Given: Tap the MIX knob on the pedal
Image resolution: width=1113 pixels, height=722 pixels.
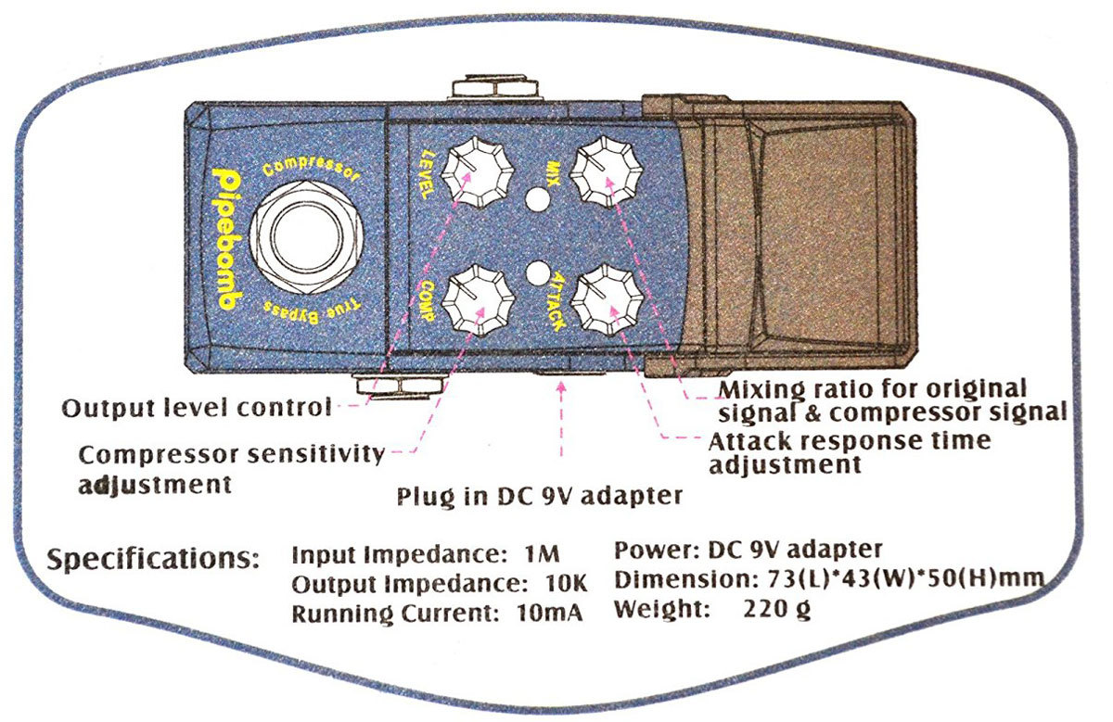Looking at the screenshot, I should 606,173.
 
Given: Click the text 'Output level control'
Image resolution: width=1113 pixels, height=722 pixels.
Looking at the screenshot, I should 196,407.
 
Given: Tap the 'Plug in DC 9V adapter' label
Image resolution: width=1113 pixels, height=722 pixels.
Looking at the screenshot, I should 539,494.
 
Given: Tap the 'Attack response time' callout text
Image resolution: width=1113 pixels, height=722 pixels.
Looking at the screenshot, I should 849,439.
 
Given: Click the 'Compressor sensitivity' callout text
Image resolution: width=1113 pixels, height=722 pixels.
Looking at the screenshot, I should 231,454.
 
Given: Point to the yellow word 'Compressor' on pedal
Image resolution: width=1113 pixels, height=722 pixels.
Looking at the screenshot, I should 311,170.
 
